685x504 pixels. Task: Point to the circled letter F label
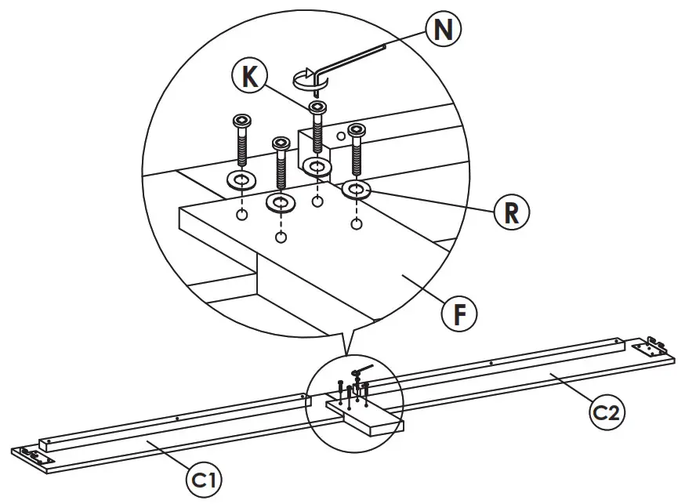[x=460, y=313]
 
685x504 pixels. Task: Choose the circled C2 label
[x=607, y=413]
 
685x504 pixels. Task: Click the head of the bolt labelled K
[x=317, y=107]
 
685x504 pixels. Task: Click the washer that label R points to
[x=357, y=190]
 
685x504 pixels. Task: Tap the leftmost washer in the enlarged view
[x=241, y=181]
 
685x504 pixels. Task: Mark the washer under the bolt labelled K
[x=317, y=167]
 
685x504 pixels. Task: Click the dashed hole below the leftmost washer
[x=242, y=214]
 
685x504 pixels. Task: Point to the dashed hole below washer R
[x=357, y=225]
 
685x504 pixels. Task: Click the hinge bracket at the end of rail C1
[x=32, y=455]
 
